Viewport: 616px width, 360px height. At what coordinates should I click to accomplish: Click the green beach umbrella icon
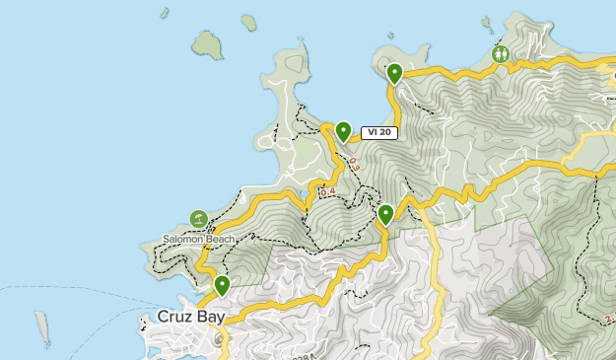pyautogui.click(x=198, y=219)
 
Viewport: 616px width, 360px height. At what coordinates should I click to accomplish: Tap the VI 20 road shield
pyautogui.click(x=379, y=132)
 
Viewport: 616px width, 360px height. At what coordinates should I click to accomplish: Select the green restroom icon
pyautogui.click(x=502, y=55)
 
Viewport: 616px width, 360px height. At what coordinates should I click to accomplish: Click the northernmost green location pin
pyautogui.click(x=394, y=73)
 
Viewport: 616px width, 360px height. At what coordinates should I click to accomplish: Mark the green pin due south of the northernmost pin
pyautogui.click(x=385, y=213)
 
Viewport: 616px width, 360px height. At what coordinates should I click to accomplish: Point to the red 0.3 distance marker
pyautogui.click(x=353, y=166)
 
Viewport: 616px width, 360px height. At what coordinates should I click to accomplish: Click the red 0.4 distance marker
pyautogui.click(x=328, y=191)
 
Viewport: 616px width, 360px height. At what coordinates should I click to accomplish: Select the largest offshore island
pyautogui.click(x=207, y=44)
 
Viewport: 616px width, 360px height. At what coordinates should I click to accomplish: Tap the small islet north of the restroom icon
pyautogui.click(x=485, y=21)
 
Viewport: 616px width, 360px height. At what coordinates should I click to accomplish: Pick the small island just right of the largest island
pyautogui.click(x=247, y=22)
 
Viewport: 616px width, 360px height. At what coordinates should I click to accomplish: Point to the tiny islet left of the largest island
pyautogui.click(x=164, y=15)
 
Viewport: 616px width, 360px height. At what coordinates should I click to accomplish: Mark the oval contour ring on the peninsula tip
pyautogui.click(x=293, y=65)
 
